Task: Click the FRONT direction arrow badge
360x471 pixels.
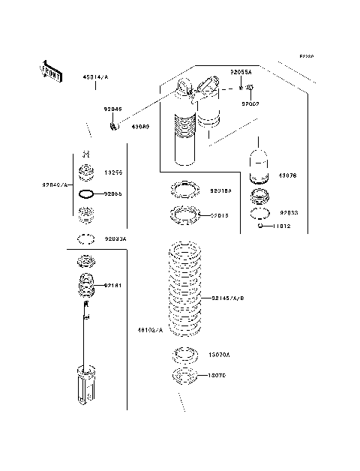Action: [x=50, y=70]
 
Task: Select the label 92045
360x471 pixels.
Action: [x=113, y=109]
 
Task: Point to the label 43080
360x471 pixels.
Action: [x=140, y=127]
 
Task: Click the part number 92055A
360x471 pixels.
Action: [x=241, y=72]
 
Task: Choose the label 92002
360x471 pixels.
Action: [x=250, y=104]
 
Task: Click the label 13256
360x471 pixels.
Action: [x=114, y=172]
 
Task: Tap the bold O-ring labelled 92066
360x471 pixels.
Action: [x=86, y=194]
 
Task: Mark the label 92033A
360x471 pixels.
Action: [x=115, y=238]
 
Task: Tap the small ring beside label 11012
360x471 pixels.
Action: [x=260, y=225]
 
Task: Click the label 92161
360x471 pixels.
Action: [x=114, y=285]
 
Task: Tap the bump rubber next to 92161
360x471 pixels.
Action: [x=86, y=286]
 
